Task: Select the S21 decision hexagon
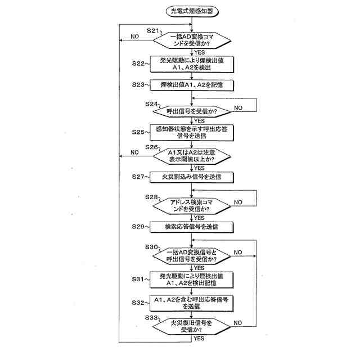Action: point(191,40)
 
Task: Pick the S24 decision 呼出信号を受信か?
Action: point(191,110)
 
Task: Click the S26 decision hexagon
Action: point(191,156)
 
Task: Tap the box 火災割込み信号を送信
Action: point(191,177)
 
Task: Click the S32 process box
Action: point(191,303)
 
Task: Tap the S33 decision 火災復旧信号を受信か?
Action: point(191,327)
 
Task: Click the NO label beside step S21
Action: point(135,37)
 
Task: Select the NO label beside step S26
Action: point(135,152)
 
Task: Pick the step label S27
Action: point(136,176)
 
